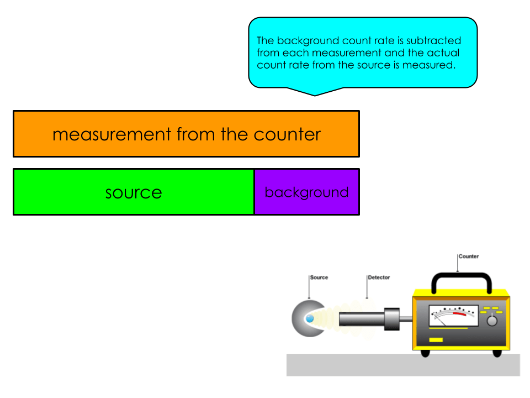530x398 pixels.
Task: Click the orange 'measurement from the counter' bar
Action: [x=186, y=134]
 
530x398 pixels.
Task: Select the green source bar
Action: [x=134, y=192]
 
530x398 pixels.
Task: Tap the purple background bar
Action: [x=306, y=192]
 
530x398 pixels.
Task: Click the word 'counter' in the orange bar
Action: [x=287, y=134]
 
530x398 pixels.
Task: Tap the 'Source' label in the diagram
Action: [x=319, y=277]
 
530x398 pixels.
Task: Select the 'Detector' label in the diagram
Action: [x=379, y=277]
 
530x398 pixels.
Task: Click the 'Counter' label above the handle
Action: [x=469, y=256]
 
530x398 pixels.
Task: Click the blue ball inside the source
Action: [x=310, y=319]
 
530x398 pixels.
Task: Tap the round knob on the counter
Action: [x=492, y=321]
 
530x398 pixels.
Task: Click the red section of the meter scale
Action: [x=459, y=314]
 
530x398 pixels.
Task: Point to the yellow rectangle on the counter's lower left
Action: [x=436, y=339]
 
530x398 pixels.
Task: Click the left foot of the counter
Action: [x=425, y=353]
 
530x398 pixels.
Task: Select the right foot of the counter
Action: [x=497, y=353]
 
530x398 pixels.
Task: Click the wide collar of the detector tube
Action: [x=391, y=320]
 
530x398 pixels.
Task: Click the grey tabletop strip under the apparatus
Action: [x=403, y=365]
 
